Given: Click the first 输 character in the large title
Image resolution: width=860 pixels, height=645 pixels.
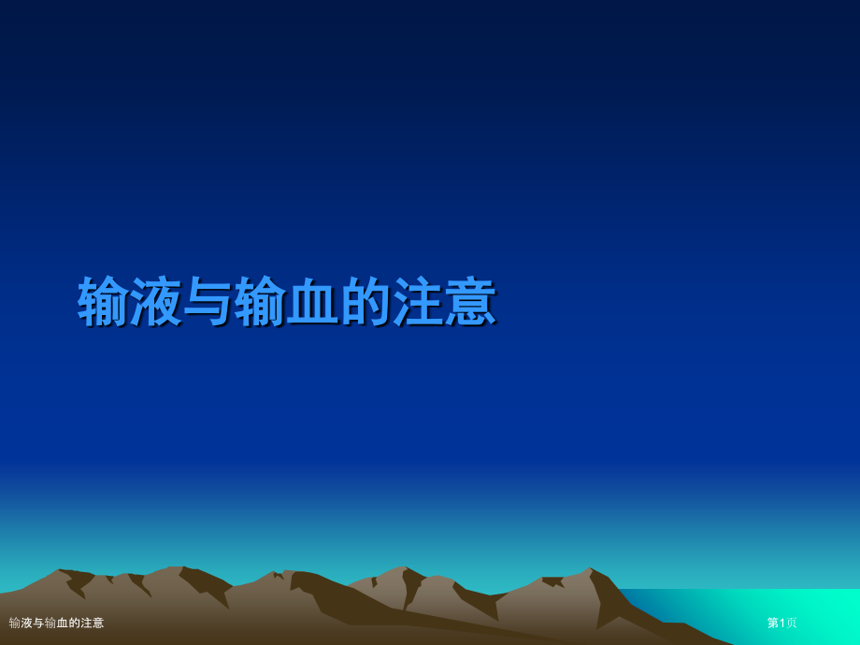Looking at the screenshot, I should tap(104, 302).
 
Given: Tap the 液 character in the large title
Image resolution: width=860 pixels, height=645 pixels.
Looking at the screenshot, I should tap(156, 302).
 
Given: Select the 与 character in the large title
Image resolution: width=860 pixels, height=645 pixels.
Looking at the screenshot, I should tap(208, 302).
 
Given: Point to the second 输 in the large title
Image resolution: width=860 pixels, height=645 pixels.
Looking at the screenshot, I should tap(261, 302).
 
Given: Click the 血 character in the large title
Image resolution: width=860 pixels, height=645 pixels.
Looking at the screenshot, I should tap(313, 302).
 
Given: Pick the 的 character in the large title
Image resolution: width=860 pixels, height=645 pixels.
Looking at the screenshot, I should tap(365, 302).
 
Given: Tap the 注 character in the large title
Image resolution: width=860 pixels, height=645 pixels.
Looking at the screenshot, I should tap(418, 302).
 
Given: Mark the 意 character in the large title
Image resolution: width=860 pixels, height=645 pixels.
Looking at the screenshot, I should tap(470, 302).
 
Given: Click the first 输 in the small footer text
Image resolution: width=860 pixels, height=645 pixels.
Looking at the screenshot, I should tap(15, 623).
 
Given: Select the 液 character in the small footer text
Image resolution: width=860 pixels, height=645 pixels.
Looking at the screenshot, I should tap(27, 623).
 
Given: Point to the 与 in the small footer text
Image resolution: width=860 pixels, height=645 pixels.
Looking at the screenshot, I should tap(39, 623).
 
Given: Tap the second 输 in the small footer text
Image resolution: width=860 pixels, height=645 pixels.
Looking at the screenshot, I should tap(50, 623).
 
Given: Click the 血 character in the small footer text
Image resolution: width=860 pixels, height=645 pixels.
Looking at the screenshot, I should tap(63, 623).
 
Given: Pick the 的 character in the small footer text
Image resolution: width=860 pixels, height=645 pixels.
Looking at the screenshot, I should tap(75, 623).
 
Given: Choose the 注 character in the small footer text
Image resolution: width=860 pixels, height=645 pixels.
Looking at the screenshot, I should tap(86, 623).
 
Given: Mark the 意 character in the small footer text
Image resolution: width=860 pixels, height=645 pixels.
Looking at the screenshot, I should tap(98, 623).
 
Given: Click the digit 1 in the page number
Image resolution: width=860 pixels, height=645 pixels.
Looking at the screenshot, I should tap(782, 623).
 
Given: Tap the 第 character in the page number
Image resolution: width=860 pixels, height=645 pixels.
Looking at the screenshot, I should tap(773, 623).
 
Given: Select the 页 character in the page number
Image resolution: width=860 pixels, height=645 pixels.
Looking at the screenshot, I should tap(792, 623).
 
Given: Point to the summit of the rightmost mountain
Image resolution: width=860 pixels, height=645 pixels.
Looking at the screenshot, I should tap(590, 568).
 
